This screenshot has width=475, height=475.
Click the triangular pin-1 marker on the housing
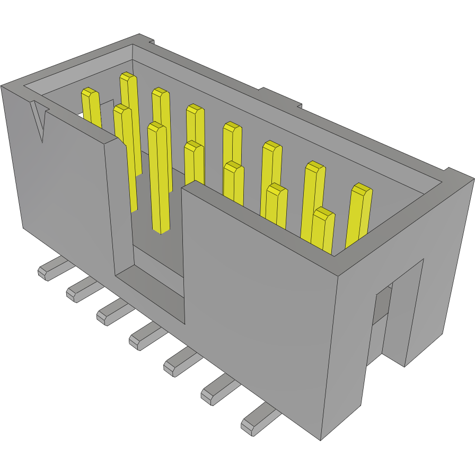(39, 119)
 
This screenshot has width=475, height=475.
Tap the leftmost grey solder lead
(51, 270)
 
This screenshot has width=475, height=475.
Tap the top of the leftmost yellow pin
(90, 94)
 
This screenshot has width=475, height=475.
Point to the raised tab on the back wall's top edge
(281, 98)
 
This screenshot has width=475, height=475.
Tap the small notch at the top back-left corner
(145, 39)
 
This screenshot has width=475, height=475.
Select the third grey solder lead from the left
(111, 313)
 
